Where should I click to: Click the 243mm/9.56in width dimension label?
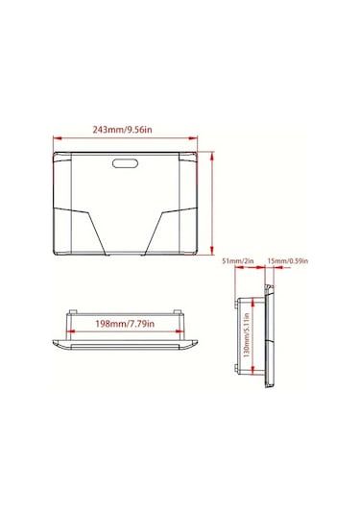tap(122, 130)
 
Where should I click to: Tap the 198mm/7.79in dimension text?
tap(125, 324)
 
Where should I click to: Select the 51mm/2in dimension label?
tap(238, 261)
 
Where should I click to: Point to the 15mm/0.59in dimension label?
tap(288, 261)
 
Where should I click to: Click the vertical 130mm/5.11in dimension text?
tap(247, 335)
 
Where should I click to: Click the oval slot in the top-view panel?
tap(125, 163)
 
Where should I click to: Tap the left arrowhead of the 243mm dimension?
tap(58, 138)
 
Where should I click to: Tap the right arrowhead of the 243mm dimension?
tap(193, 138)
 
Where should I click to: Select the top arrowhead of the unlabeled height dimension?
tap(212, 157)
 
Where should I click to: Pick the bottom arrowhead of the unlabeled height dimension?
tap(212, 250)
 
